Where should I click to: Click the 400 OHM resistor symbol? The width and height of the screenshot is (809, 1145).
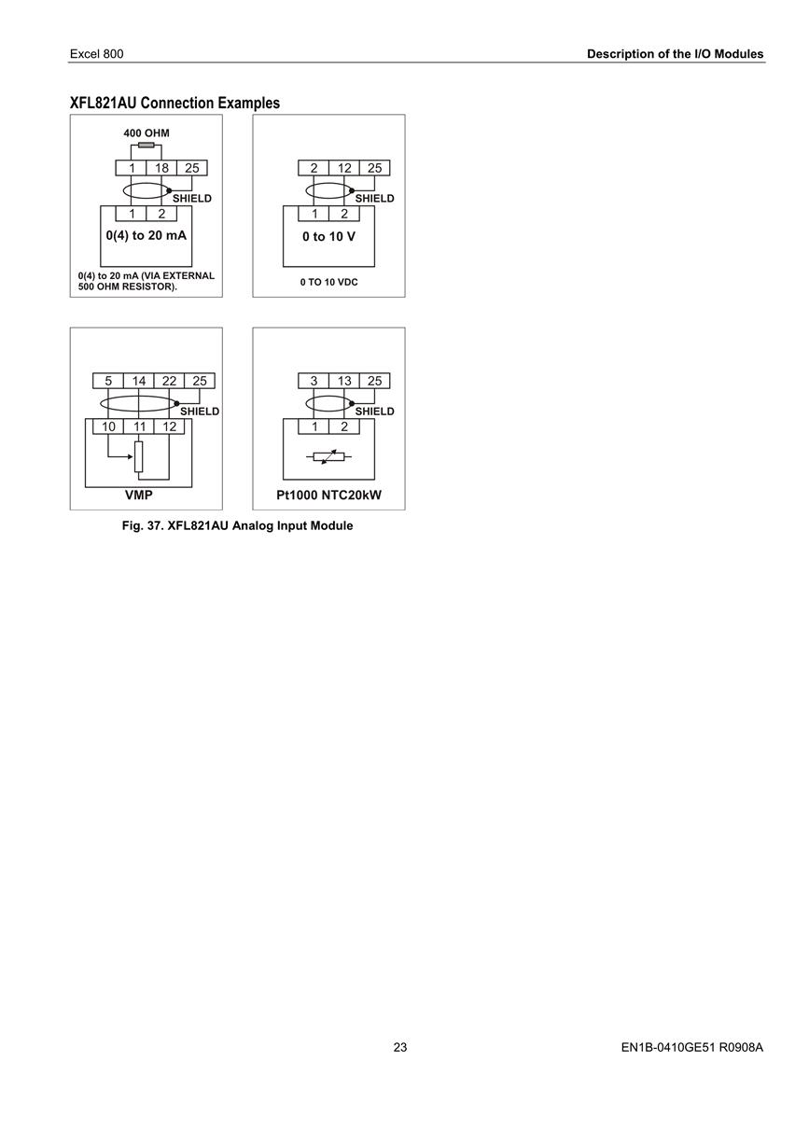146,146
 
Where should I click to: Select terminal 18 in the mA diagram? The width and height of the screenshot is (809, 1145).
161,168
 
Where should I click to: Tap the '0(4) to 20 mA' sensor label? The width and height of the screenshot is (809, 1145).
146,235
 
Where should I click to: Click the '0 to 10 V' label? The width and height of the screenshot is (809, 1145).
328,236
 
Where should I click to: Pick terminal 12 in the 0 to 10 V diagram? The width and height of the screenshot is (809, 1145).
344,168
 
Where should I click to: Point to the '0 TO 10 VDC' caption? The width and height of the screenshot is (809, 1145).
328,282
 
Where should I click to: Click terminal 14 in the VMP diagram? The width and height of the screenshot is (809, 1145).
138,381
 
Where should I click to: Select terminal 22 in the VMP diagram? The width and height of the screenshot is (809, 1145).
169,381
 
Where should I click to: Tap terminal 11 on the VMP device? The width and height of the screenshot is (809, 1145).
139,426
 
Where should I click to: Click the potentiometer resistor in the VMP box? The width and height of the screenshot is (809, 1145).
138,456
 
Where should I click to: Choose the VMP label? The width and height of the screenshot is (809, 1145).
138,495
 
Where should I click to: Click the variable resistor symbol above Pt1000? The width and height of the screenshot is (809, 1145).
328,456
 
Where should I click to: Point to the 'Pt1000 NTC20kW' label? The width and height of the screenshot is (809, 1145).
328,495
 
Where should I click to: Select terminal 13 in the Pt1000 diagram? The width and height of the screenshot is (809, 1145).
344,381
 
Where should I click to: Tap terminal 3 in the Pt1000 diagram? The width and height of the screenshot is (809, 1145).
314,381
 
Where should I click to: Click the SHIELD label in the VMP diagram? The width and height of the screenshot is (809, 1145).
200,412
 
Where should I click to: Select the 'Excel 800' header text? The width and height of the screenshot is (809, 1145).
97,54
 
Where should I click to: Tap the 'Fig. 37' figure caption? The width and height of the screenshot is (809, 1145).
237,526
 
